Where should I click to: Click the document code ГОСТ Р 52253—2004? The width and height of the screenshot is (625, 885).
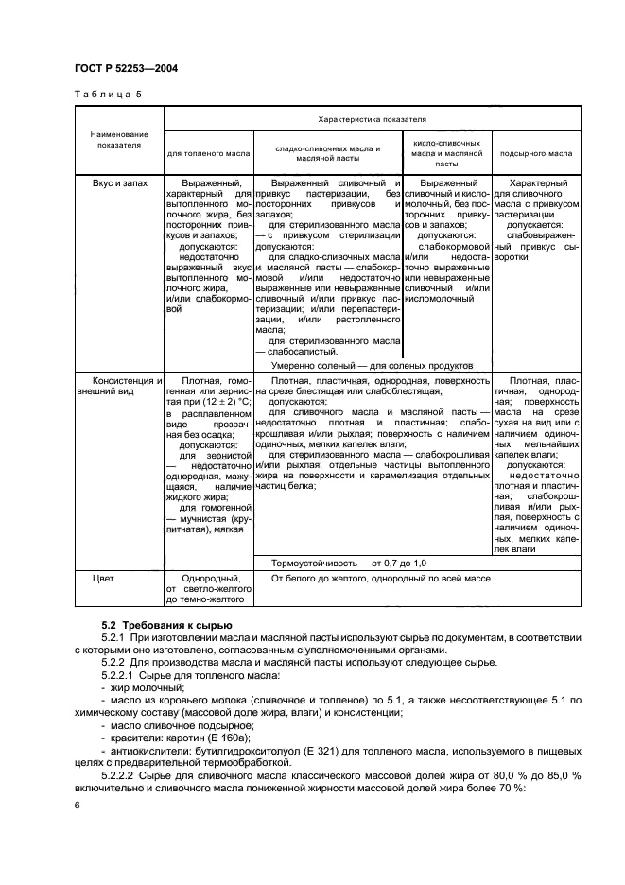(x=125, y=69)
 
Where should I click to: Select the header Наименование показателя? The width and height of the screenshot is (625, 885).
(x=119, y=140)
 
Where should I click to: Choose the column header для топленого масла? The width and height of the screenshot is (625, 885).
(x=208, y=152)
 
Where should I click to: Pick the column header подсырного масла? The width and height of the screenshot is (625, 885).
(x=535, y=152)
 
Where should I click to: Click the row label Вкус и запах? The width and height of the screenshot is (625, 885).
(x=119, y=182)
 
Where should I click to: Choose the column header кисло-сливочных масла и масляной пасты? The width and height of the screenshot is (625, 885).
(x=446, y=152)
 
